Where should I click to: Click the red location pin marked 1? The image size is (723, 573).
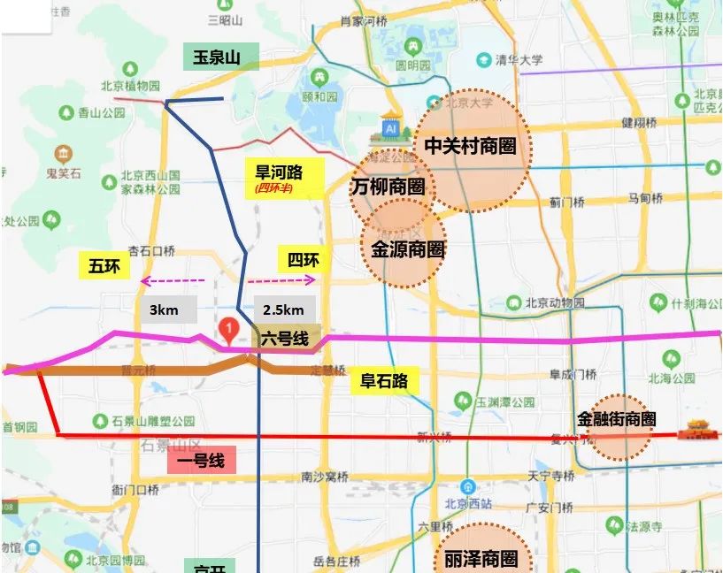point(230,331)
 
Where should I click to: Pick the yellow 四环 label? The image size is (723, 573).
point(304,260)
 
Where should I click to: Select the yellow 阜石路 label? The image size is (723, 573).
point(384,381)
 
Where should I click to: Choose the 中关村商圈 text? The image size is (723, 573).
point(470,146)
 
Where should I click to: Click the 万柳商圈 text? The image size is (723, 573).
point(387,187)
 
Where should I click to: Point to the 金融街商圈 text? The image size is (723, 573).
point(616,418)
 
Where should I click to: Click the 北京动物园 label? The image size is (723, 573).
point(555,302)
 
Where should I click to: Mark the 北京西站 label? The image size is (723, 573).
point(469,504)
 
